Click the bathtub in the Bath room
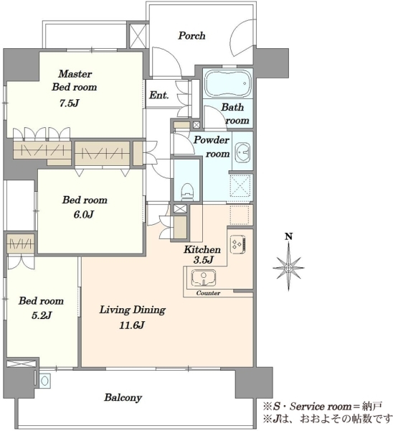pyautogui.click(x=227, y=83)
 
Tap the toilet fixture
pyautogui.click(x=189, y=191)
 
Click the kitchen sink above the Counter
pyautogui.click(x=204, y=277)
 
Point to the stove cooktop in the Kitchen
pyautogui.click(x=237, y=244)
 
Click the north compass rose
pyautogui.click(x=288, y=267)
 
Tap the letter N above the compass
pyautogui.click(x=289, y=236)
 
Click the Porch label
pyautogui.click(x=191, y=36)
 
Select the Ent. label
pyautogui.click(x=159, y=96)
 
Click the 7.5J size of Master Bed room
pyautogui.click(x=70, y=103)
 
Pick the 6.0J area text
pyautogui.click(x=84, y=214)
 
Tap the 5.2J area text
pyautogui.click(x=42, y=315)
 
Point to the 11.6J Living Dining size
pyautogui.click(x=132, y=325)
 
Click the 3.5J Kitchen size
pyautogui.click(x=204, y=260)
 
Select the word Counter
pyautogui.click(x=208, y=293)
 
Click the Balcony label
pyautogui.click(x=123, y=397)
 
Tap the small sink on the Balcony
pyautogui.click(x=44, y=381)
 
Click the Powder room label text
pyautogui.click(x=212, y=147)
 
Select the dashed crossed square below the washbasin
pyautogui.click(x=240, y=186)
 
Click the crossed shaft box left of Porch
pyautogui.click(x=137, y=36)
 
